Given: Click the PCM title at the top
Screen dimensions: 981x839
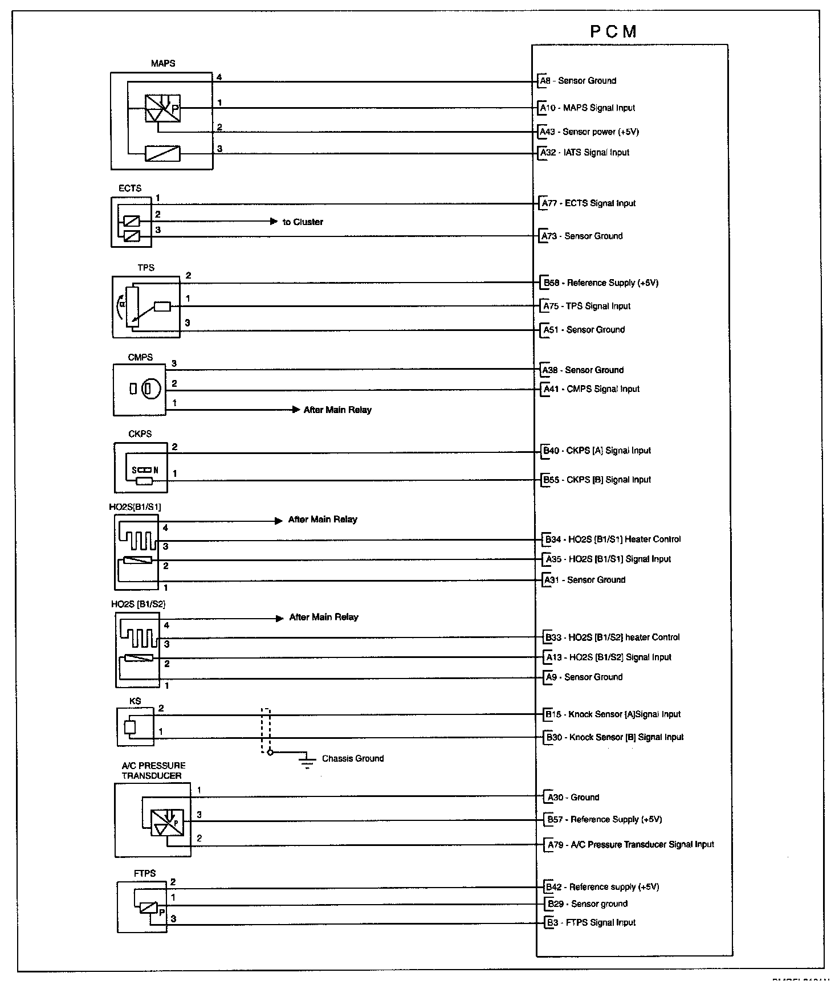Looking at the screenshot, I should pos(613,32).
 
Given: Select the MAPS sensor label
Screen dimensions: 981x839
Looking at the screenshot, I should pos(163,63).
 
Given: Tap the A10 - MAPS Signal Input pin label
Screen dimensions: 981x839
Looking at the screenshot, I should pos(588,108).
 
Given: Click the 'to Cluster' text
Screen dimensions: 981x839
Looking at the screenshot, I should pos(303,222).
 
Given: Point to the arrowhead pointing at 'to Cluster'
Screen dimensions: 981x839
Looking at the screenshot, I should pos(274,222).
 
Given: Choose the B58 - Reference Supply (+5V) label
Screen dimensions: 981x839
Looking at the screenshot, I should pos(601,283).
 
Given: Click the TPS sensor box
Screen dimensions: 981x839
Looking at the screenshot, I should pos(146,307).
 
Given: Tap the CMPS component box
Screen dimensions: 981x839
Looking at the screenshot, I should pos(140,390).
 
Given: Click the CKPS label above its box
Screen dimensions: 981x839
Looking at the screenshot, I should pos(140,434).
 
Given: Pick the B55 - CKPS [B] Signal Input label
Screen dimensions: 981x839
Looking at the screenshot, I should pos(597,480).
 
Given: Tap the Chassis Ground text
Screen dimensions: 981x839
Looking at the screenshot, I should pos(353,758).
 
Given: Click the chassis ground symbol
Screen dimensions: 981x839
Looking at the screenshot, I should pos(307,762).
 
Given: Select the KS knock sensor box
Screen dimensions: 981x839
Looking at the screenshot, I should pos(135,727).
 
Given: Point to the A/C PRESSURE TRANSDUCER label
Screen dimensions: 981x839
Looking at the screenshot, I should pos(153,770).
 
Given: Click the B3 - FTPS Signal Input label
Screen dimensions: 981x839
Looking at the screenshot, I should pos(590,922).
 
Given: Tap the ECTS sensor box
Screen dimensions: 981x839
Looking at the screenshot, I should pos(131,222).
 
